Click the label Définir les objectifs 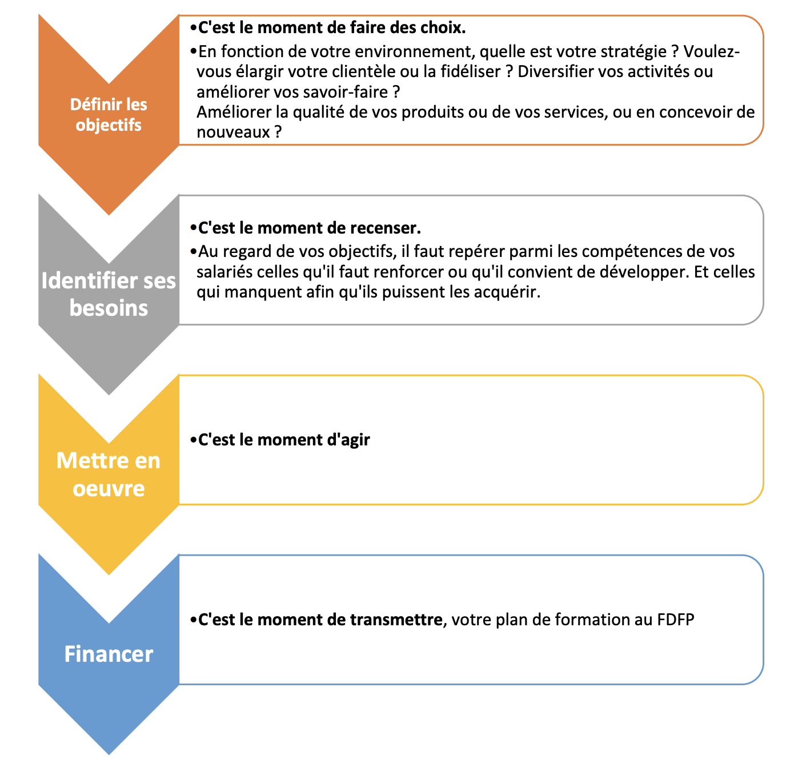(109, 115)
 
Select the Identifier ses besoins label (109, 294)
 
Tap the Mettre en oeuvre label (109, 474)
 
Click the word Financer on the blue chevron (109, 654)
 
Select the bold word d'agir (347, 440)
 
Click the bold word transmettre (396, 620)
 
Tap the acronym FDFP (675, 620)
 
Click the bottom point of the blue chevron (109, 753)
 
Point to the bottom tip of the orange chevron (109, 214)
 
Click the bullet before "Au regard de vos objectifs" (193, 251)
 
